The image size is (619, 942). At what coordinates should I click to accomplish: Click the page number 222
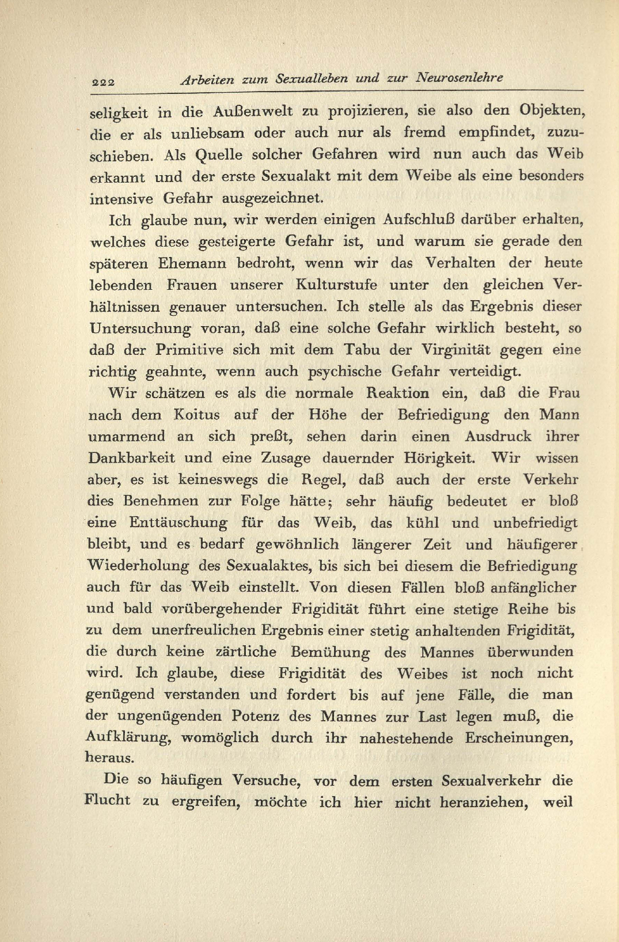pyautogui.click(x=103, y=82)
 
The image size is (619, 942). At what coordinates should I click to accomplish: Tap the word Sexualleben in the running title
pyautogui.click(x=312, y=79)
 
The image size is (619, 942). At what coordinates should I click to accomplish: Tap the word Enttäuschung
pyautogui.click(x=178, y=523)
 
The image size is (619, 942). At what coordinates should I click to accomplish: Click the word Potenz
pyautogui.click(x=255, y=717)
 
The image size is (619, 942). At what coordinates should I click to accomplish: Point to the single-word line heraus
pyautogui.click(x=109, y=758)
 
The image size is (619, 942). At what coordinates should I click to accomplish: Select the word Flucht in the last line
pyautogui.click(x=107, y=801)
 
